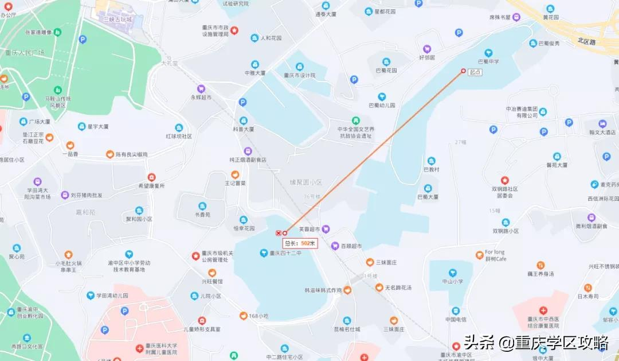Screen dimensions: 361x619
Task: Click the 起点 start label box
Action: coord(475,72)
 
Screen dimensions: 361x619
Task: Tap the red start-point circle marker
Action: coord(464,71)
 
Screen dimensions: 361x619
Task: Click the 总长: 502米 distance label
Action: coord(300,243)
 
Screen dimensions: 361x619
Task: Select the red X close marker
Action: coord(279,233)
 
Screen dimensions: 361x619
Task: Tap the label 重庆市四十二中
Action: coord(285,253)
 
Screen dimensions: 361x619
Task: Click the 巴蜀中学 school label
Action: coord(488,61)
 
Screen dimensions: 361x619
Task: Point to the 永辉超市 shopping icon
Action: coord(201,88)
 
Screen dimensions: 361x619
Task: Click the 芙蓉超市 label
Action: coord(309,228)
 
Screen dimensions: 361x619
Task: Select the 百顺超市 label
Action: coord(351,246)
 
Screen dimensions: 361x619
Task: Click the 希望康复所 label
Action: coord(151,186)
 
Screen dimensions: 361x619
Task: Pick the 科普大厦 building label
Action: coord(243,129)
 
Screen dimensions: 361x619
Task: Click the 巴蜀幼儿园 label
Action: coord(382,105)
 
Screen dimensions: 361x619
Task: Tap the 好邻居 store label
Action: coord(427,57)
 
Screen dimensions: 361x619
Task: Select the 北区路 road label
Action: coord(586,41)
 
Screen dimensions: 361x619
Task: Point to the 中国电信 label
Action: coord(456,319)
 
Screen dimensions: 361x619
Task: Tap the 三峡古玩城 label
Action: coord(117,20)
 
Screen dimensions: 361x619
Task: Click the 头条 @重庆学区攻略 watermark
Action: coord(536,343)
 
